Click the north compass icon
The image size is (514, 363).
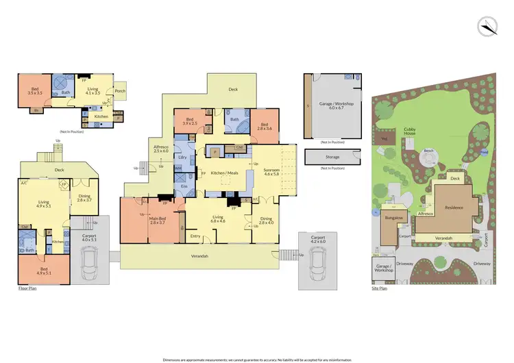pos(487,26)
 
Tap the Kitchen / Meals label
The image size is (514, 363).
pos(224,174)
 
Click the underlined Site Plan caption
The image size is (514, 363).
pos(379,288)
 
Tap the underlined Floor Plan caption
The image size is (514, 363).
pos(27,288)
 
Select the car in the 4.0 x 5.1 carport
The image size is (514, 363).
pos(90,262)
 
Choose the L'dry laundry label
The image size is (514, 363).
pos(183,157)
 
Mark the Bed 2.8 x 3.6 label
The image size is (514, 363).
pos(263,125)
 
